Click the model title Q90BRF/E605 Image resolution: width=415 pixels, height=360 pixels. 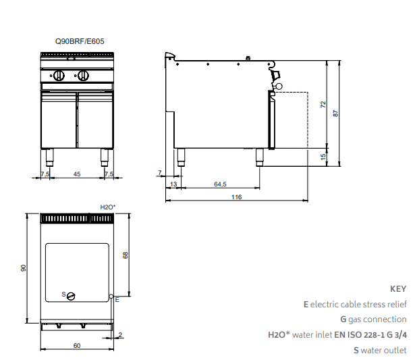(x=80, y=41)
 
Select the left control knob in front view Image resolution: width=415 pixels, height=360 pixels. (x=59, y=76)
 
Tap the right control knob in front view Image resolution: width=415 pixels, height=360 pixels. (x=84, y=76)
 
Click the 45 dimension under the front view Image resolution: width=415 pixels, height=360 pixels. (x=77, y=174)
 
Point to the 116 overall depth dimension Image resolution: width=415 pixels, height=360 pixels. (x=236, y=197)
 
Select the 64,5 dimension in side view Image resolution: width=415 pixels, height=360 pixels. (x=220, y=184)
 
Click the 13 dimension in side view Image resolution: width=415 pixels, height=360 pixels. (x=173, y=184)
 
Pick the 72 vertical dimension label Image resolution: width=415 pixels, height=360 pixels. (x=323, y=105)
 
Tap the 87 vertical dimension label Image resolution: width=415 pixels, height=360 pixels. (x=335, y=113)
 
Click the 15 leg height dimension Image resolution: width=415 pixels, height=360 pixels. (x=323, y=157)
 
